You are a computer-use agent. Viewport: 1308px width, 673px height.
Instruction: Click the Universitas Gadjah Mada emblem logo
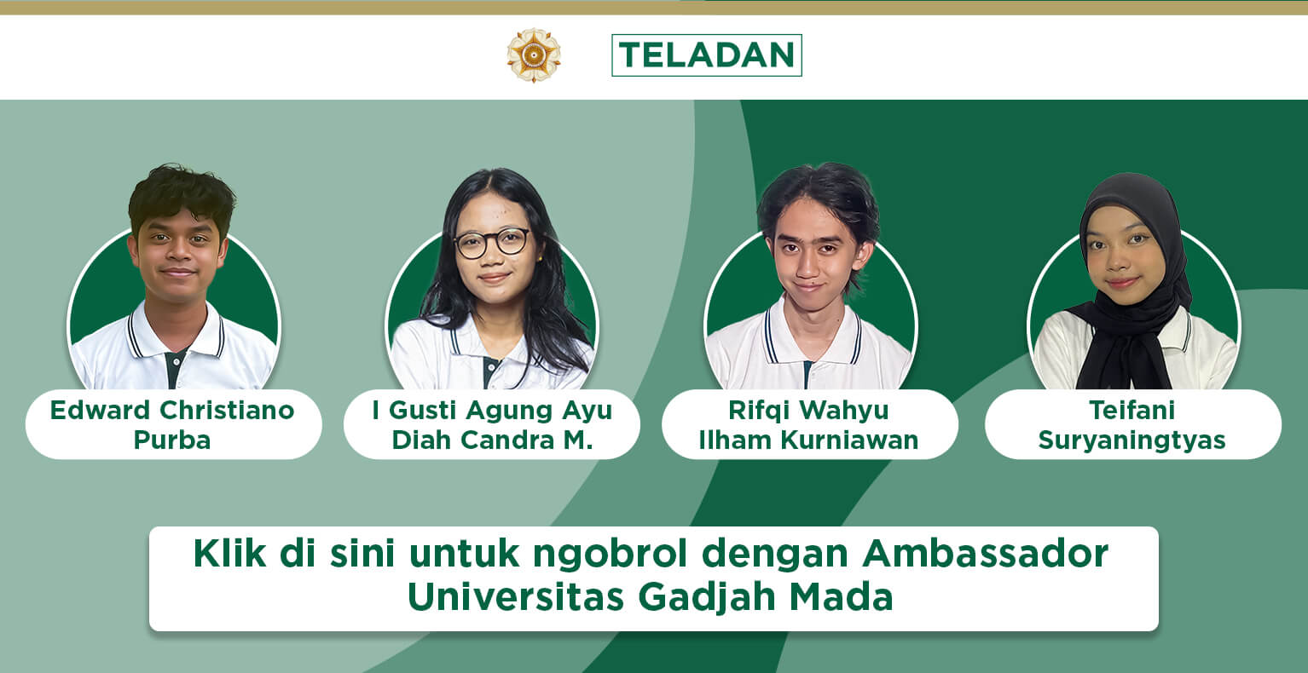coord(534,55)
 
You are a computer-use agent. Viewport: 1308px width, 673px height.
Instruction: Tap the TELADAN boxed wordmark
coord(707,55)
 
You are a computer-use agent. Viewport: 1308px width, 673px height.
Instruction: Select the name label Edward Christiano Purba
coord(173,424)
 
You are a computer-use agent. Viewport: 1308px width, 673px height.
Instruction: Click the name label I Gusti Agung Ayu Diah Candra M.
coord(492,424)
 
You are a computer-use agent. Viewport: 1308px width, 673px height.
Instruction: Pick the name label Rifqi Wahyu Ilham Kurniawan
coord(809,424)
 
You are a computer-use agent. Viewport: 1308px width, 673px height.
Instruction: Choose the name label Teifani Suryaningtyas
coord(1132,424)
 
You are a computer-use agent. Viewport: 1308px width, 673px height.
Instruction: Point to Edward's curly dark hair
coord(181,195)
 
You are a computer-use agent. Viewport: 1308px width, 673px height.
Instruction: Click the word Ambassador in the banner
coord(986,553)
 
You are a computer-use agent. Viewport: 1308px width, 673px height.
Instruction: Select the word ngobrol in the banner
coord(610,553)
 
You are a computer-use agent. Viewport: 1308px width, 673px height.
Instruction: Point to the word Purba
coord(172,440)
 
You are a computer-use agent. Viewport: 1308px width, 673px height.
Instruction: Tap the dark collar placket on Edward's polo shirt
coord(174,369)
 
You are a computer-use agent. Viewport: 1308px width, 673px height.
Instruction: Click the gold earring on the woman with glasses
coord(540,258)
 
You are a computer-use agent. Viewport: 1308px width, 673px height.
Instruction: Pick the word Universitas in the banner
coord(516,597)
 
